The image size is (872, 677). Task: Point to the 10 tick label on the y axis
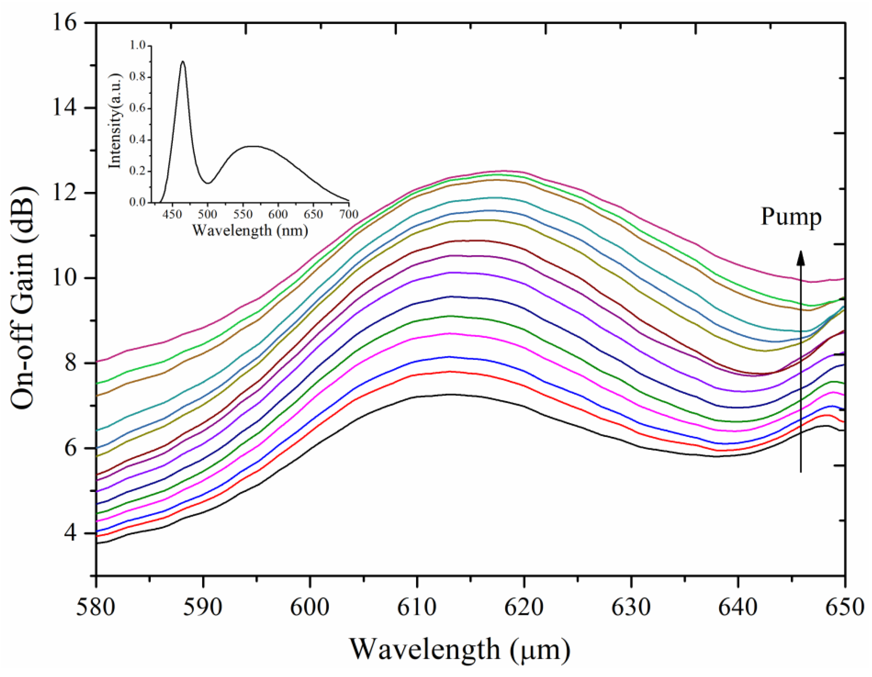[x=64, y=279]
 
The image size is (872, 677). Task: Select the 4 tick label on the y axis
[x=71, y=534]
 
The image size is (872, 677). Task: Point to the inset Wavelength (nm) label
[x=250, y=230]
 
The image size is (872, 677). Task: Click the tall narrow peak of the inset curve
[x=183, y=62]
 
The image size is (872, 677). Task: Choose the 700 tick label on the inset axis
[x=349, y=214]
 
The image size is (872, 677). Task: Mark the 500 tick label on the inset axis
[x=208, y=214]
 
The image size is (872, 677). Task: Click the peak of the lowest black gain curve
[x=449, y=395]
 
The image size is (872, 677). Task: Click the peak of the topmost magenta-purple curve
[x=503, y=171]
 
